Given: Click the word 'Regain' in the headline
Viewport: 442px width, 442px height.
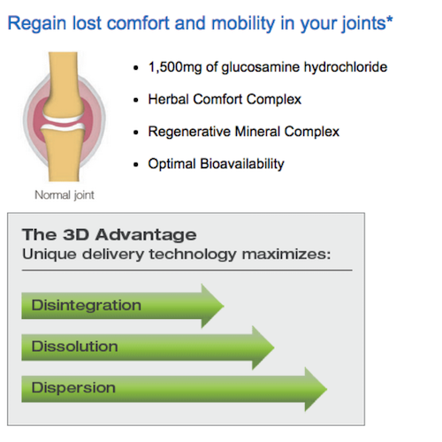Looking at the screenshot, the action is coord(37,24).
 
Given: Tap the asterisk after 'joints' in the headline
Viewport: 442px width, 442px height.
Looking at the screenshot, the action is coord(390,19).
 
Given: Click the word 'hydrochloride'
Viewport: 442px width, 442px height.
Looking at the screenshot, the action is coord(346,67).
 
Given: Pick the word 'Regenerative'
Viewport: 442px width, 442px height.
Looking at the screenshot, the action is coord(189,132).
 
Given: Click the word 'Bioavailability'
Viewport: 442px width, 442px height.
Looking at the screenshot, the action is coord(242,164).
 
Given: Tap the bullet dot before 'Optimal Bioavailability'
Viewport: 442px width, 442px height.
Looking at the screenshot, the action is coord(136,164).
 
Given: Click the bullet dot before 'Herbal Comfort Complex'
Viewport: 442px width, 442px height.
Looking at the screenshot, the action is coord(136,100).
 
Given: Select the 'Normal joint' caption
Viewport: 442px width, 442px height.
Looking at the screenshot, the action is coord(65,195).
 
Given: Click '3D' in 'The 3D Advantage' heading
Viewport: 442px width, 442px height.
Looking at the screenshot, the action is coord(76,235).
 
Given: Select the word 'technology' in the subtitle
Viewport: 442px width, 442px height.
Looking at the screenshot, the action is coord(193,254).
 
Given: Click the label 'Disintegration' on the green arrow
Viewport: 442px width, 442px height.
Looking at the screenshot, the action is coord(87,305).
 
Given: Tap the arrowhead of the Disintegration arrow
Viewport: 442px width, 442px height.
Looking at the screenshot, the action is coord(212,306).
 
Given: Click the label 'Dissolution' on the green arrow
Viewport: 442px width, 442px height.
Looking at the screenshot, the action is coord(75,347).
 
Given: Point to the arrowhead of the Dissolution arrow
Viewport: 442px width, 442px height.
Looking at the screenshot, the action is coord(263,347).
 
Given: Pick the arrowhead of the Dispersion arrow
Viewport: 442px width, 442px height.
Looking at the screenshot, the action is coord(316,389).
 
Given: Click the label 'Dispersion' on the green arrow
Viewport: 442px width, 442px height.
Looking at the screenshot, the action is coord(73,388).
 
